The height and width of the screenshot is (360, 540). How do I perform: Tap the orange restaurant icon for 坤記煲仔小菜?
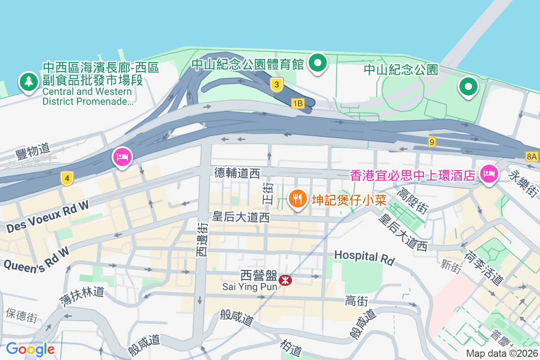click(297, 198)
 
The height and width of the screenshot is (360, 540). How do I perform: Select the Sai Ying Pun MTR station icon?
click(285, 281)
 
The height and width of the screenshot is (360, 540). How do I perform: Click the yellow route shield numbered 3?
click(277, 84)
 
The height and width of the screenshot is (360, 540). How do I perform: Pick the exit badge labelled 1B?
click(297, 103)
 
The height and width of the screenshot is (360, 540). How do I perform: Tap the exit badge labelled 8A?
click(531, 156)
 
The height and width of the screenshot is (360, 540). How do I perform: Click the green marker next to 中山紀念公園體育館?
click(319, 63)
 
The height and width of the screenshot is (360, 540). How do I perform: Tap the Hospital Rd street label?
click(364, 257)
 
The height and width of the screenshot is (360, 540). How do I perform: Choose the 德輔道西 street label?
click(237, 173)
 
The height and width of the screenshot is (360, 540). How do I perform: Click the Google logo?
click(30, 349)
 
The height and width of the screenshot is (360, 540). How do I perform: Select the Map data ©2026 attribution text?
click(501, 353)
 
